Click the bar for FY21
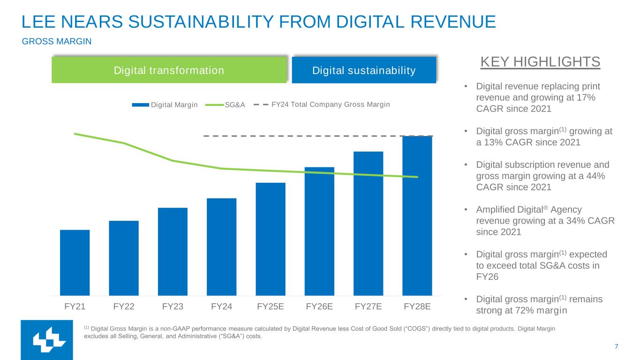click(75, 262)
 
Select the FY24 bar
click(221, 247)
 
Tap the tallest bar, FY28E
click(417, 216)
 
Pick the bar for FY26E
click(319, 231)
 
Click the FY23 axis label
click(173, 307)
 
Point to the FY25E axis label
click(271, 307)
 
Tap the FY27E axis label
click(368, 307)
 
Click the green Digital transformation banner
click(169, 70)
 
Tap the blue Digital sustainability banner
click(364, 70)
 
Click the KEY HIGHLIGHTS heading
click(540, 62)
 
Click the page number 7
click(616, 347)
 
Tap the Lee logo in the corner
click(46, 340)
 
